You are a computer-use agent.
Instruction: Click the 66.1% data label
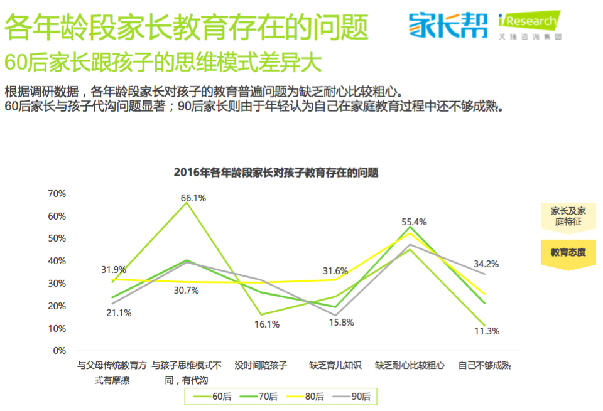point(193,198)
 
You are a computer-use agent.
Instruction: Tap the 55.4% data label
point(414,222)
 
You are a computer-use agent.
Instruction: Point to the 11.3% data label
point(487,331)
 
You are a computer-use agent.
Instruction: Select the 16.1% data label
point(266,324)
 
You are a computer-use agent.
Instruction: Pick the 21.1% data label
point(119,313)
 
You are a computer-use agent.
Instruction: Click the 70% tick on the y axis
point(57,194)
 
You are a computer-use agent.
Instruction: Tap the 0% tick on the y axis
point(60,351)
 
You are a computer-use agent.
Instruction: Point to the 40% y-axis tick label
point(57,261)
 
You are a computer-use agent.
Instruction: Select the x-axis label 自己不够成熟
point(484,365)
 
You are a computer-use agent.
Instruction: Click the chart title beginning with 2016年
point(276,173)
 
